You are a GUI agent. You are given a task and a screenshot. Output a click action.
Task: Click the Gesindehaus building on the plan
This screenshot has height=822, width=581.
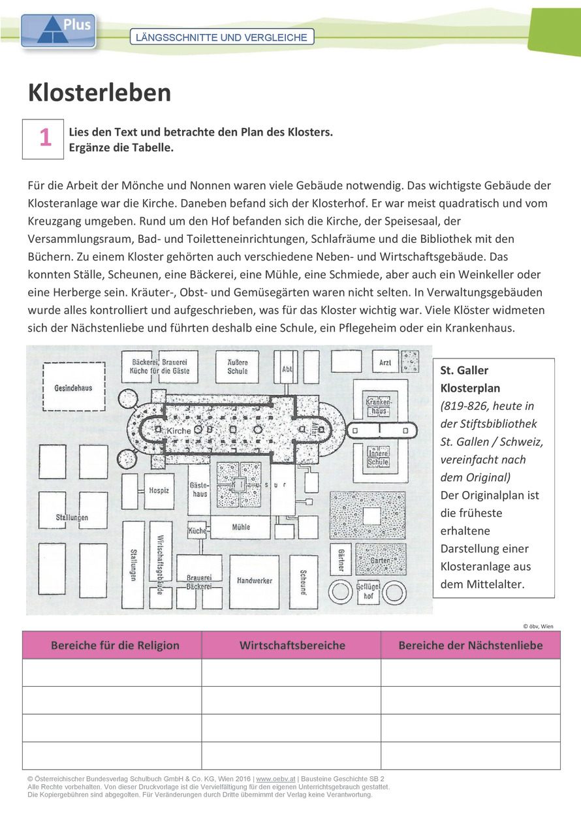73,388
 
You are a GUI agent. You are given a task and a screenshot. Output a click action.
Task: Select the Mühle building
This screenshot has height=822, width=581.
241,527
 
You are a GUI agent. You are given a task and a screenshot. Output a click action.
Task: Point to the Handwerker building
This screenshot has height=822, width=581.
255,580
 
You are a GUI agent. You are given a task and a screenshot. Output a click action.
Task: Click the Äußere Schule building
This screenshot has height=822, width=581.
238,367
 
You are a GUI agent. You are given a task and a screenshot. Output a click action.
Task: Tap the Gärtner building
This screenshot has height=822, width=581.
341,559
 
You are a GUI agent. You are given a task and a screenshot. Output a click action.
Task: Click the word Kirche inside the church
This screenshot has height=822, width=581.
178,432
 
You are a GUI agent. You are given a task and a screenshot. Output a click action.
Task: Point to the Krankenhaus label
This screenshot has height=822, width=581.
379,406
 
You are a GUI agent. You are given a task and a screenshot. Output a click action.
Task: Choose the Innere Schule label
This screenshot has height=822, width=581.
379,457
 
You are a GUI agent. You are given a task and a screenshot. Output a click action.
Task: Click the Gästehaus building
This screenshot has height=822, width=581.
198,490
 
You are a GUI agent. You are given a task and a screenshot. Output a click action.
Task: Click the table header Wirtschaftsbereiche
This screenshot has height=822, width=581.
291,645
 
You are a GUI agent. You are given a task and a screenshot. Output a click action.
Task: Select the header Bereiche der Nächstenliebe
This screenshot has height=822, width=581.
470,645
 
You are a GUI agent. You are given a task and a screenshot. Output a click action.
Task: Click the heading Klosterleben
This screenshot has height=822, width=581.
99,93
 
